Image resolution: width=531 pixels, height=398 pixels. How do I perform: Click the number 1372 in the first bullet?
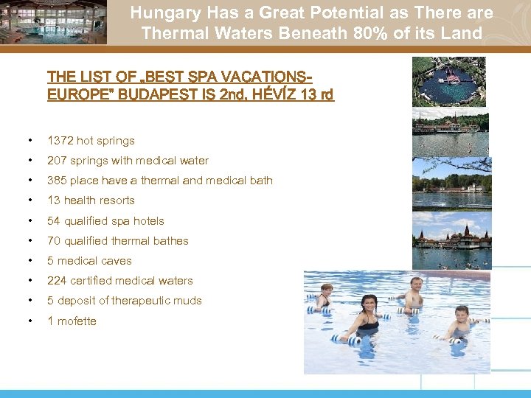tap(60, 141)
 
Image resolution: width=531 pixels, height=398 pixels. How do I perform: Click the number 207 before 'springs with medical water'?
tap(56, 161)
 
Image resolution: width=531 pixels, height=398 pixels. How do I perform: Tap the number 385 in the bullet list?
tap(56, 181)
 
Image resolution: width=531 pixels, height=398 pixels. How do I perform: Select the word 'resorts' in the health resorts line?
tap(117, 200)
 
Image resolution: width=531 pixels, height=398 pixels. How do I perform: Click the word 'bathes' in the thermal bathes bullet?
tap(171, 241)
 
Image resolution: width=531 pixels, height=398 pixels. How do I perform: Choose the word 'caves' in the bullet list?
tap(116, 261)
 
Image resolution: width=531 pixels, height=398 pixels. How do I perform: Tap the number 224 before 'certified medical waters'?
tap(56, 281)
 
